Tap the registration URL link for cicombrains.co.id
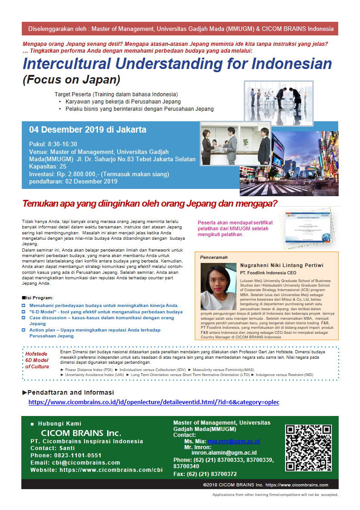point(153,402)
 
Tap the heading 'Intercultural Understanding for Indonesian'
point(177,64)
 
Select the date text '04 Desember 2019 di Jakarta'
point(88,129)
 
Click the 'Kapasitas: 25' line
point(48,167)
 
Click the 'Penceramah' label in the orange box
point(214,257)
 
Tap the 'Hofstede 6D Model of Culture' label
point(37,360)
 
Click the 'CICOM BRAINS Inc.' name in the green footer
point(81,433)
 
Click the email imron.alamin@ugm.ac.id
point(224,453)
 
